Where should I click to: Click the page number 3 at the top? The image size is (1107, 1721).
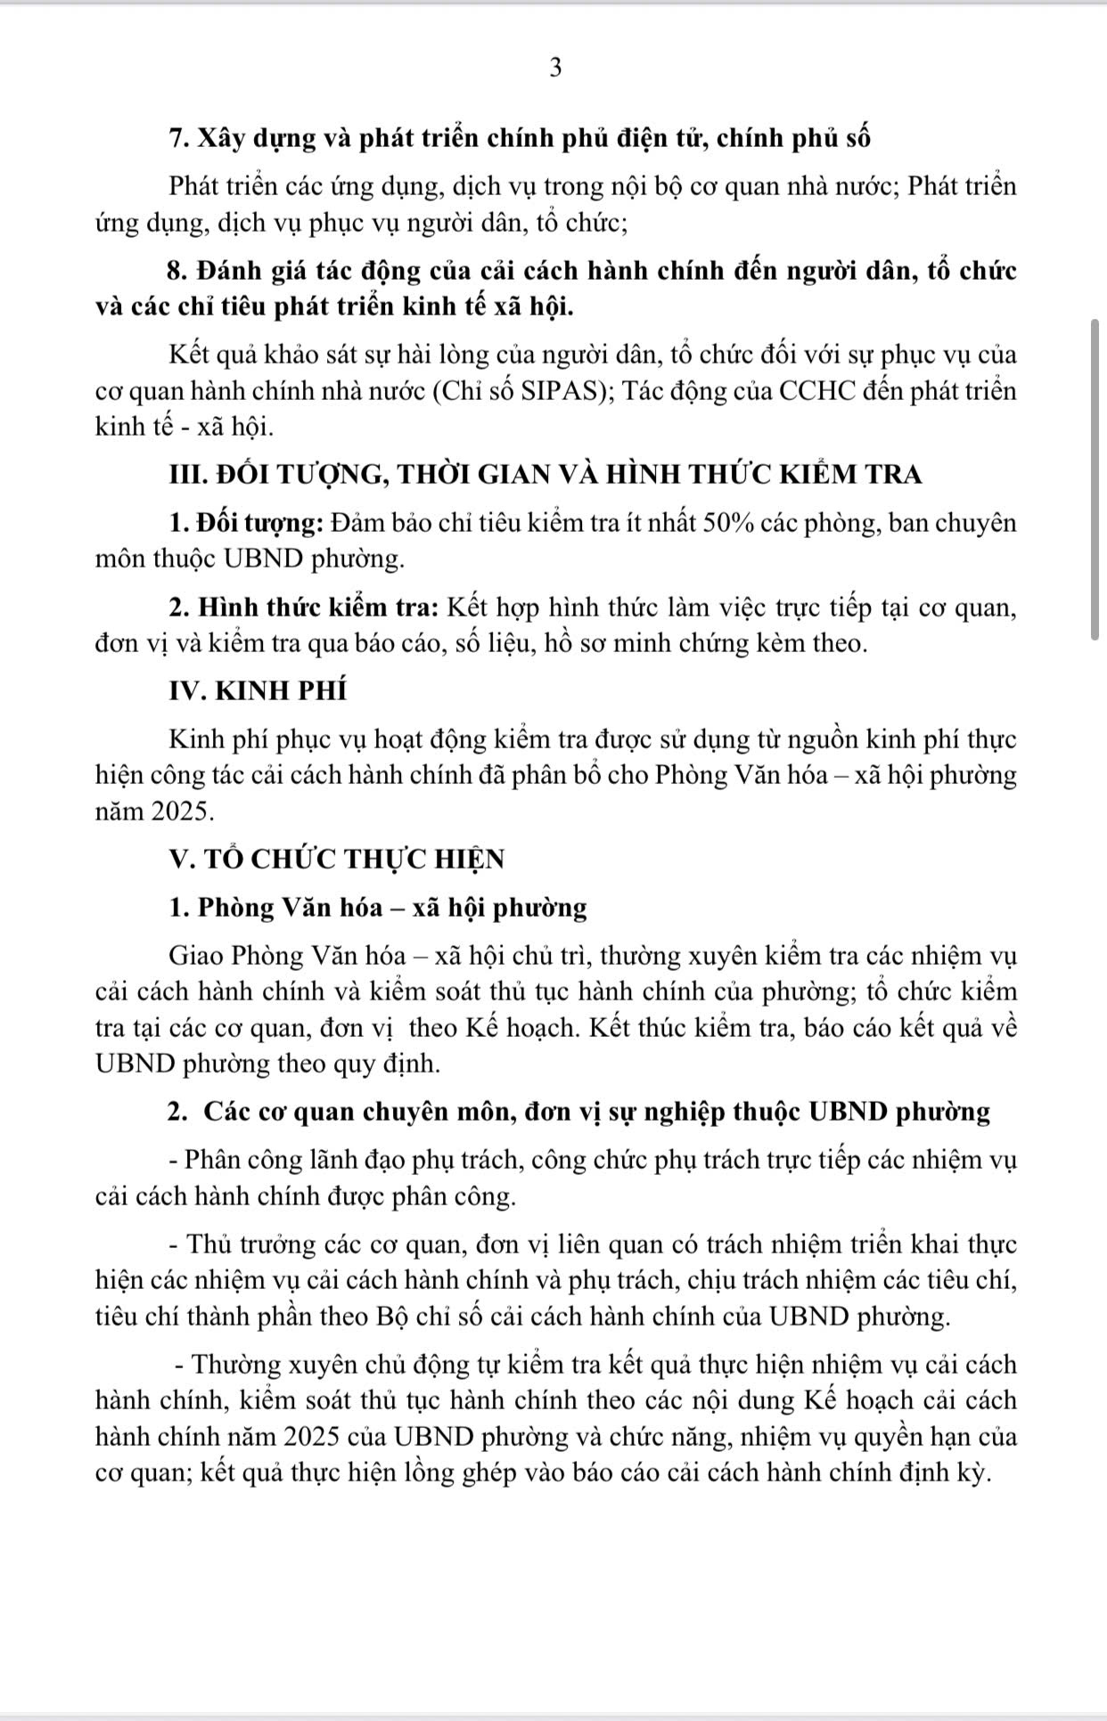click(x=555, y=69)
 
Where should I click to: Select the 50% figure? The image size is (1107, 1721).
click(x=730, y=523)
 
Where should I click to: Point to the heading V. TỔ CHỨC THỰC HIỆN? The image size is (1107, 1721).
click(x=337, y=859)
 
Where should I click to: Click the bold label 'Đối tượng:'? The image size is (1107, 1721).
click(x=259, y=523)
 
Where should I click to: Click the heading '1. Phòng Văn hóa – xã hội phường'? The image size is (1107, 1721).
click(x=378, y=908)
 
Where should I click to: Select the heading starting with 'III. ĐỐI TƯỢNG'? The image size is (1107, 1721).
click(x=545, y=474)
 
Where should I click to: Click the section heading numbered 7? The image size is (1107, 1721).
click(x=520, y=139)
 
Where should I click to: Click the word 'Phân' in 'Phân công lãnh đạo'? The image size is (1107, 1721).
click(x=214, y=1160)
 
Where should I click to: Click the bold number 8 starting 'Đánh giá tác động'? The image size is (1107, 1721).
click(x=176, y=271)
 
